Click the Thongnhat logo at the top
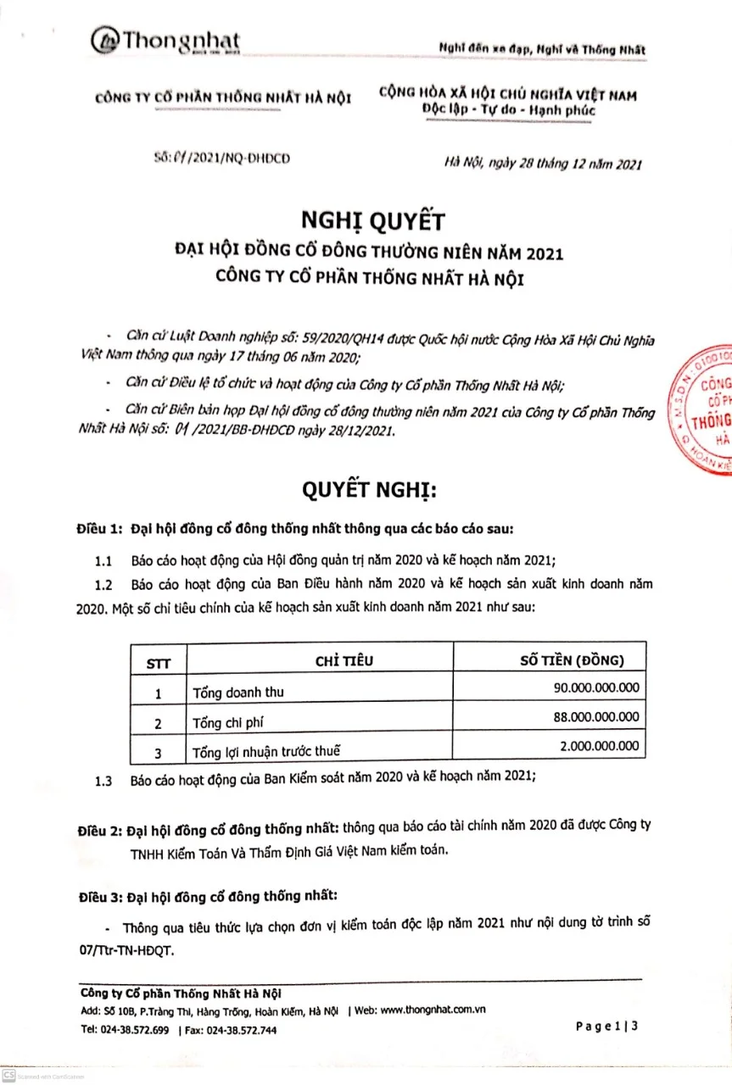166,41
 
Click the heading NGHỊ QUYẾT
372,221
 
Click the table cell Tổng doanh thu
238,693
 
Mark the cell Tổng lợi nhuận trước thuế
267,751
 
